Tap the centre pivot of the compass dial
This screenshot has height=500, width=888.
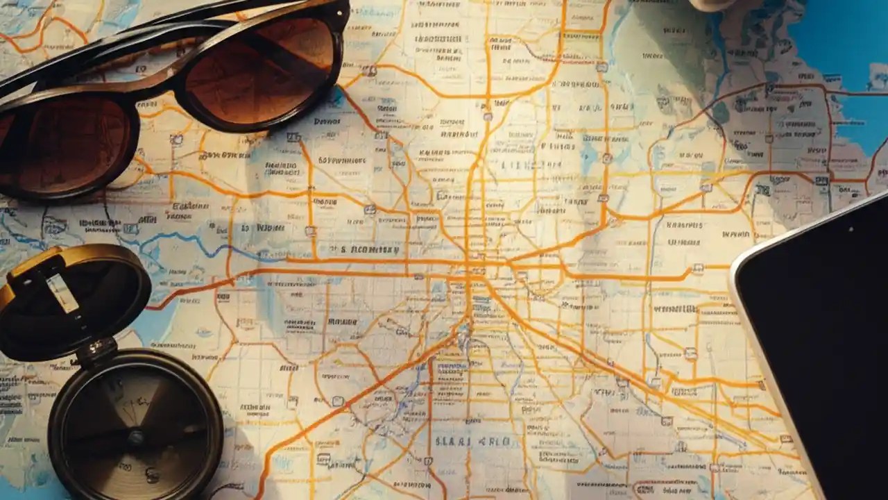point(136,437)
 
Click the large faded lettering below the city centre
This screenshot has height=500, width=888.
point(472,442)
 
